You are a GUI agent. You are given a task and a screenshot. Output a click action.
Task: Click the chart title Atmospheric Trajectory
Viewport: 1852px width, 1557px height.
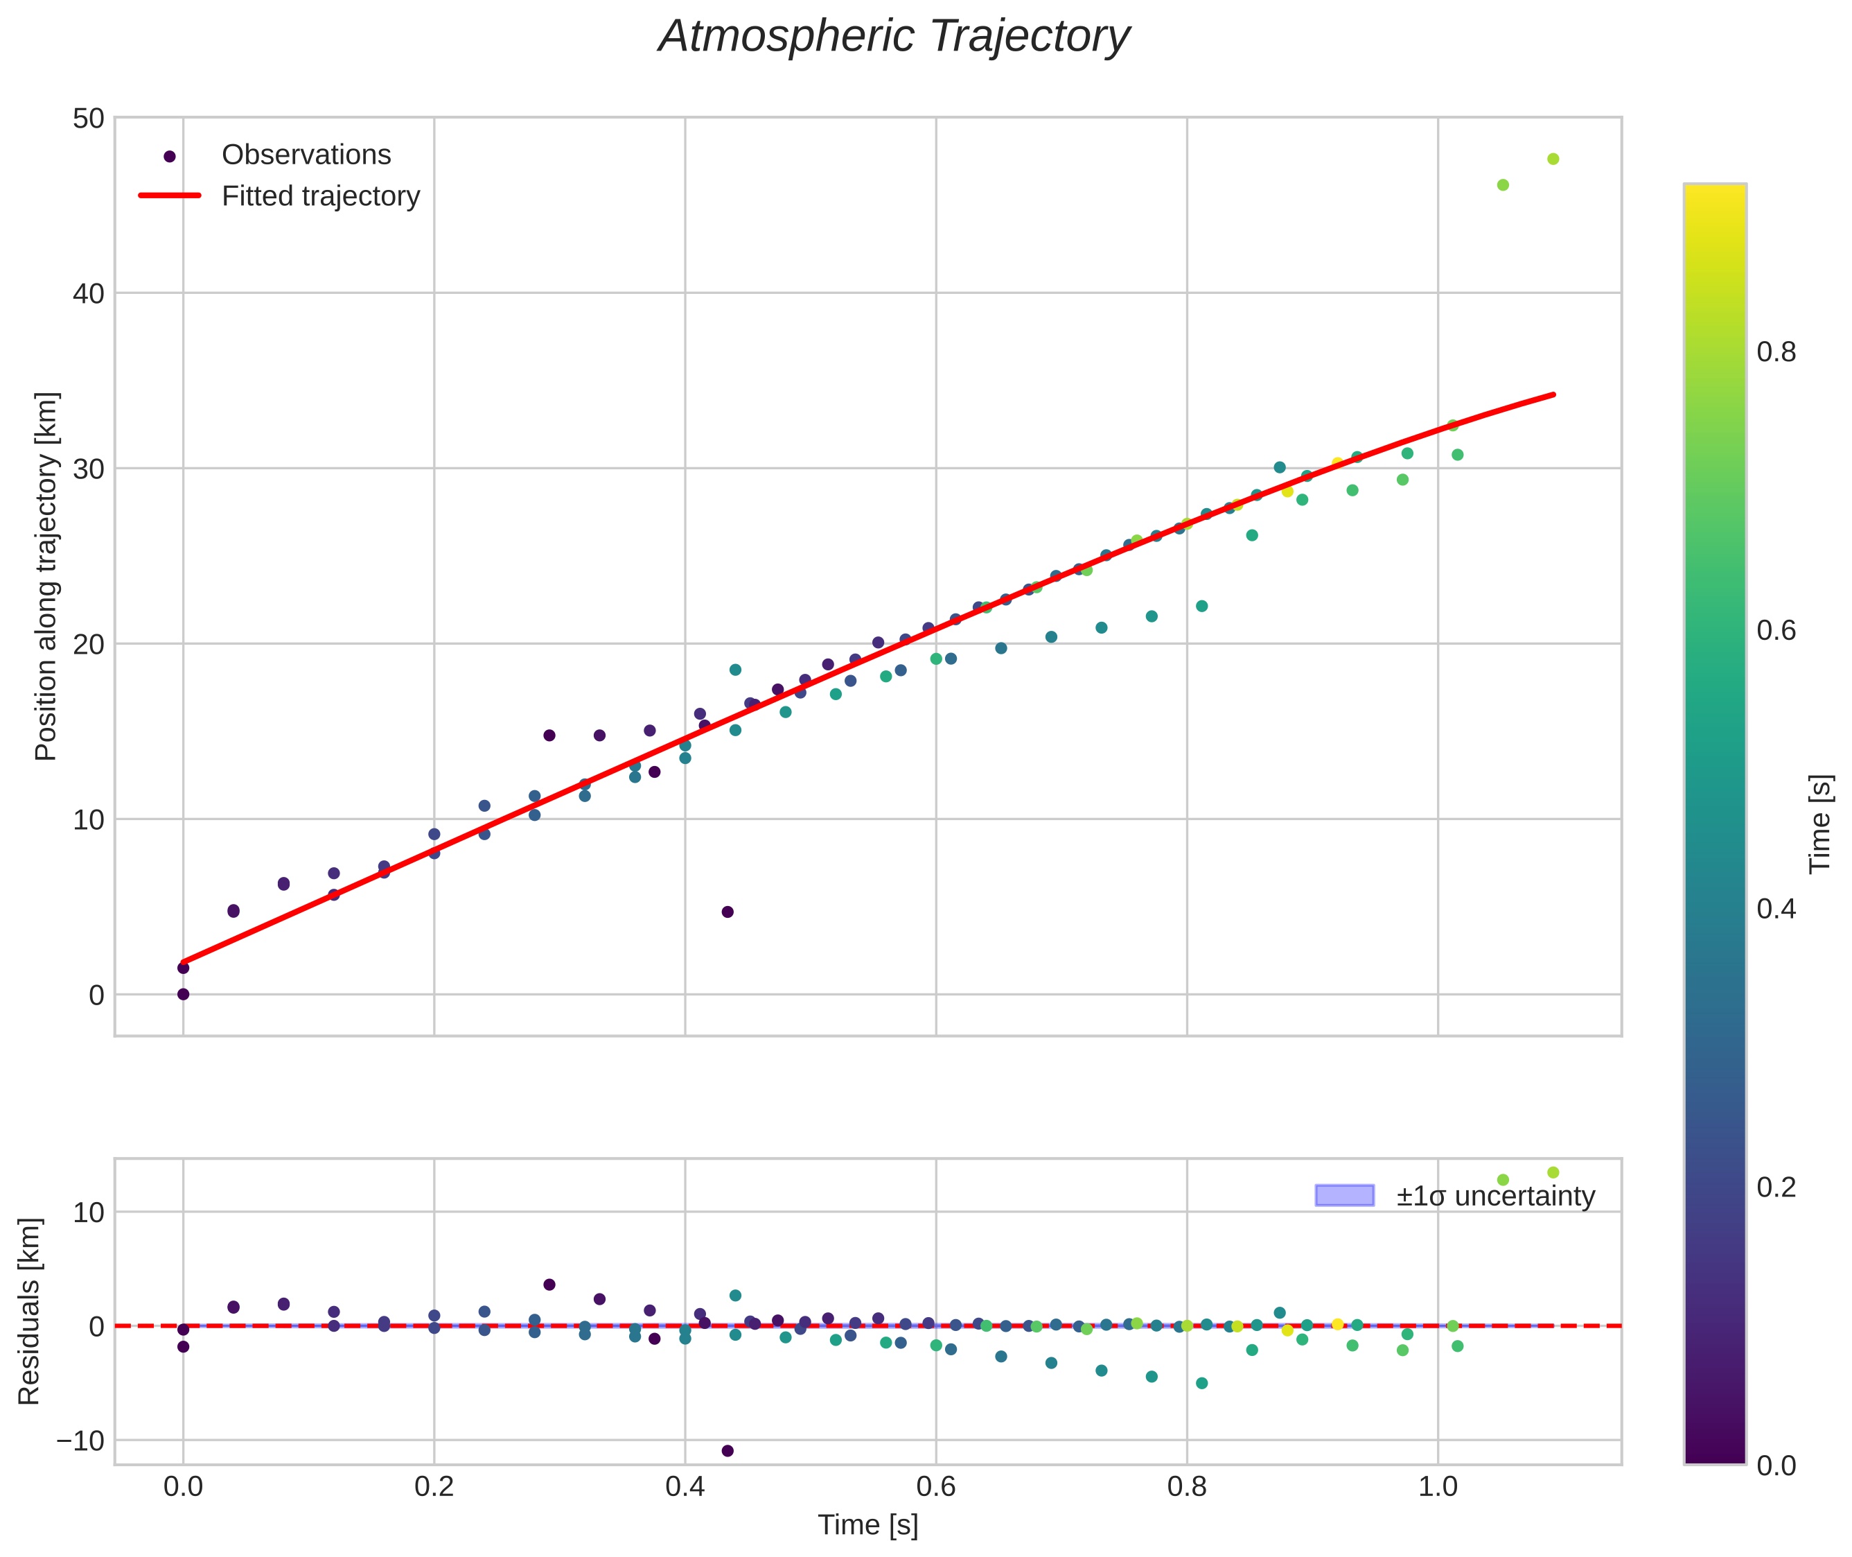[x=893, y=37]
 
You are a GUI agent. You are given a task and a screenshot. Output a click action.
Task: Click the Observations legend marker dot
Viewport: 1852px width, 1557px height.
[x=170, y=156]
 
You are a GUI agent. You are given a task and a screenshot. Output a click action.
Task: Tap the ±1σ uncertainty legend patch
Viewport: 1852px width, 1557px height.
[x=1343, y=1195]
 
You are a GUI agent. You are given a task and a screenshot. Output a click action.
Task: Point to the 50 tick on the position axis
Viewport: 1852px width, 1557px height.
[x=88, y=119]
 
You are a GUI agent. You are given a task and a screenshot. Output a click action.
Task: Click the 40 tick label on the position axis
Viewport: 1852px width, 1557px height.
[x=88, y=293]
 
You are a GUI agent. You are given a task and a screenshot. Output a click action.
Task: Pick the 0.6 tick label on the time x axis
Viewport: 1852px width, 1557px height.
[x=935, y=1486]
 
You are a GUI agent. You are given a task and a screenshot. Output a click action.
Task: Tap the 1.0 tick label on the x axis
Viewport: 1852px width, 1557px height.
[x=1437, y=1486]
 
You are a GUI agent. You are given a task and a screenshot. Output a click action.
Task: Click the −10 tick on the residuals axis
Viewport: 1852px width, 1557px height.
[x=80, y=1441]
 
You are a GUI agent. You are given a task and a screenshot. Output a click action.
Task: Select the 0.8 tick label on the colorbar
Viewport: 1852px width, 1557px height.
[x=1775, y=352]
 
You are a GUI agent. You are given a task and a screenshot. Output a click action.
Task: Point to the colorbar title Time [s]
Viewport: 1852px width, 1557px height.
[x=1819, y=824]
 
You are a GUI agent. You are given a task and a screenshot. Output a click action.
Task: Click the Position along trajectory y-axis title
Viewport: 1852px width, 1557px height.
[x=46, y=575]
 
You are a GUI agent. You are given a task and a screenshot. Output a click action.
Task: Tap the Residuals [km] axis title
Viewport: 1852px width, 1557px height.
[x=29, y=1311]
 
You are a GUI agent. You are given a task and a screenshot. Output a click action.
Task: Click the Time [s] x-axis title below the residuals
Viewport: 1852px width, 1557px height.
[x=867, y=1525]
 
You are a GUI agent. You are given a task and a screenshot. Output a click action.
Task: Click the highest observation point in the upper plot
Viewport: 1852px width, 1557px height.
[x=1553, y=159]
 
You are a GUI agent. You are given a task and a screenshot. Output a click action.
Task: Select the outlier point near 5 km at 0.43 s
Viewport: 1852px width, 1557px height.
[x=727, y=912]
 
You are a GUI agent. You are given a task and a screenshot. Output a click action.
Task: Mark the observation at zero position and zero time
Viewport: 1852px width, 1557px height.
[x=184, y=994]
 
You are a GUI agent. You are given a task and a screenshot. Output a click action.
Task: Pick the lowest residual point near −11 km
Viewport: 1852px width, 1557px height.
[x=727, y=1450]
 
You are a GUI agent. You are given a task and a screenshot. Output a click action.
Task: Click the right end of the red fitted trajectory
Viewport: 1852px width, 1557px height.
[x=1552, y=394]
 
